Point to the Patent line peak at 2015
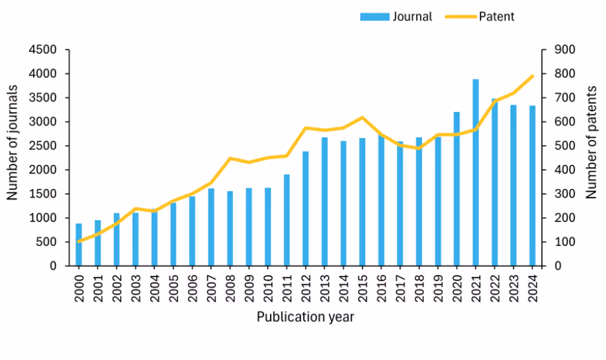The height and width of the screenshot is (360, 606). [x=363, y=118]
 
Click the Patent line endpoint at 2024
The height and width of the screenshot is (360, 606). [x=532, y=76]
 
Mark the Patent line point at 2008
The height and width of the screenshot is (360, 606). [x=230, y=158]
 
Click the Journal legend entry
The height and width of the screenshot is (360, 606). [x=396, y=17]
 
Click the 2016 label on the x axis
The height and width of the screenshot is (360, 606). [x=381, y=286]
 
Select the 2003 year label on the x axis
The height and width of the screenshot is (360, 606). [x=136, y=286]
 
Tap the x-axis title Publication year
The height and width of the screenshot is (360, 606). [x=305, y=317]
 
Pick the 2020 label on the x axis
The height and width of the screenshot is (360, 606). [x=457, y=286]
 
